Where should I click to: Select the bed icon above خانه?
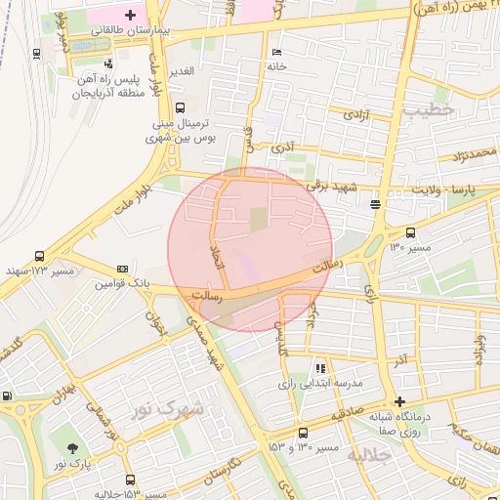pos(277,51)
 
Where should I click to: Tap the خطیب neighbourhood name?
pos(428,111)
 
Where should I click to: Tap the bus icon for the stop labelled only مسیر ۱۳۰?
pos(410,232)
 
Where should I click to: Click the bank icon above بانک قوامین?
pos(122,268)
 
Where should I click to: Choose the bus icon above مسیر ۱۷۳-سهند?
pos(39,255)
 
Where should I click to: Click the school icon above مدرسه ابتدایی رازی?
pos(319,368)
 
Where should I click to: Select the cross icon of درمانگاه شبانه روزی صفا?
pos(398,401)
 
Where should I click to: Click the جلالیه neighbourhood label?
pos(368,454)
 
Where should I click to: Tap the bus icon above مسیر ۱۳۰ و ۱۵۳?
pos(303,433)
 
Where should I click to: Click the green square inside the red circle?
pos(258,219)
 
